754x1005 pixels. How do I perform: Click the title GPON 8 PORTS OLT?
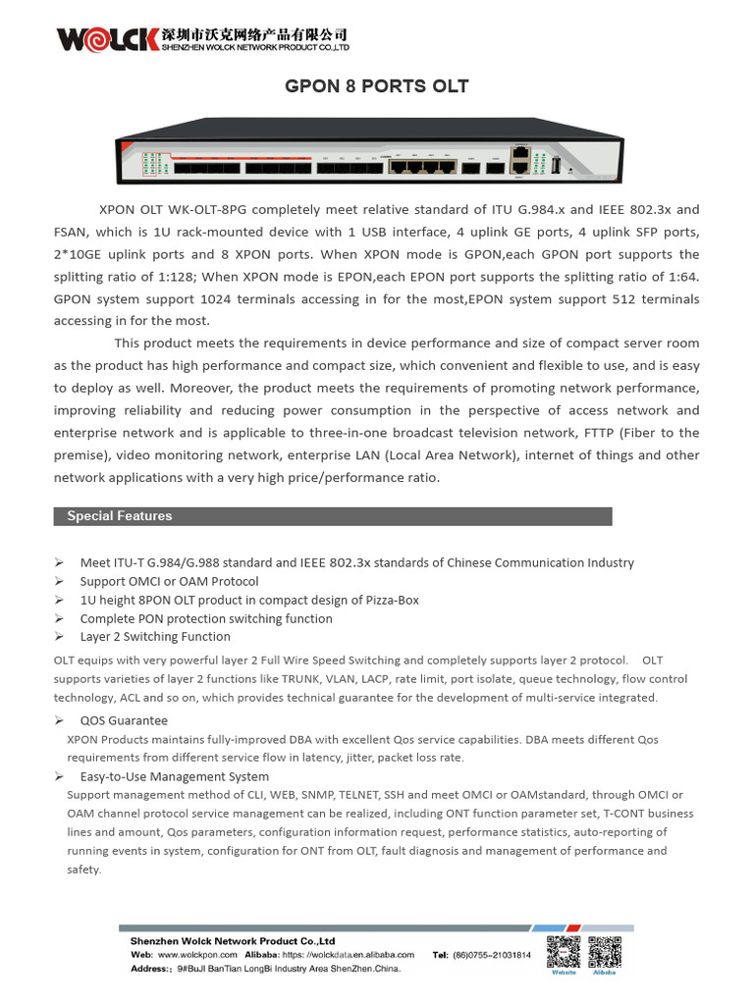[x=376, y=86]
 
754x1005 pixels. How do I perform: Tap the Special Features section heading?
[x=119, y=516]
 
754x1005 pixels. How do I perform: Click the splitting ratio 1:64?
[x=677, y=277]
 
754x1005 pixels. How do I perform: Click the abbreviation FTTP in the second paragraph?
[x=590, y=433]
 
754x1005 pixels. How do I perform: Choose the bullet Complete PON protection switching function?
[x=206, y=618]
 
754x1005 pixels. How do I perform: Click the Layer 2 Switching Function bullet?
[x=155, y=637]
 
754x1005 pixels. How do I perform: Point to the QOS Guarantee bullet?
[x=124, y=720]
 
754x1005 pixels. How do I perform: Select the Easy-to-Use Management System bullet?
[x=174, y=776]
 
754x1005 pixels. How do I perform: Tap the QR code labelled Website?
[x=564, y=953]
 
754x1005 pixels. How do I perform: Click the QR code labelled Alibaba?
[x=605, y=953]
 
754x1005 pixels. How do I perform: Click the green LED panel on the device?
[x=149, y=165]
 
